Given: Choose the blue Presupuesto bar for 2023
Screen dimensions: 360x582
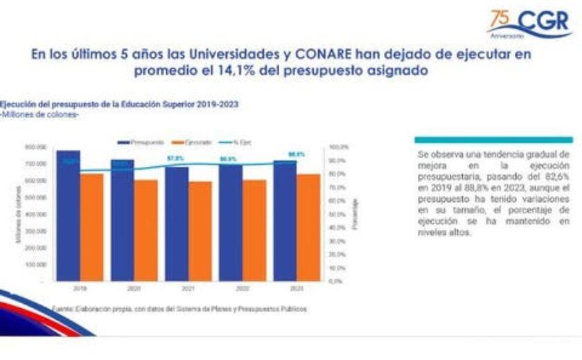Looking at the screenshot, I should pyautogui.click(x=285, y=221).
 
